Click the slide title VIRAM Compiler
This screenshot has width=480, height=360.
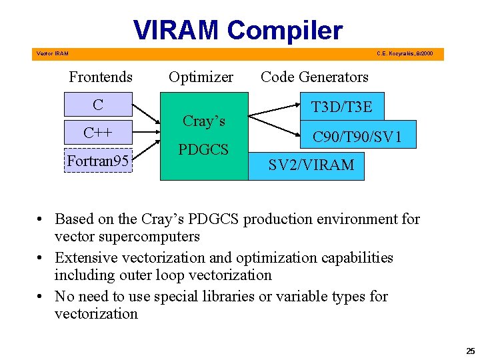click(238, 30)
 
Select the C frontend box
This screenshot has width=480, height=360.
click(98, 105)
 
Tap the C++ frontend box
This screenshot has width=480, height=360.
click(98, 133)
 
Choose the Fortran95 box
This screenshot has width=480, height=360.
click(98, 161)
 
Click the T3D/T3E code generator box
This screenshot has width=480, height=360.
click(341, 106)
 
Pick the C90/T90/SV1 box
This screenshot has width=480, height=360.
click(357, 137)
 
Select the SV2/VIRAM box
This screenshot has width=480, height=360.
click(311, 165)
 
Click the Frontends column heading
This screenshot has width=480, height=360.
click(101, 77)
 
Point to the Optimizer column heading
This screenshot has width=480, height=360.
click(201, 77)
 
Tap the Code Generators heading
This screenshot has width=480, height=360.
click(315, 77)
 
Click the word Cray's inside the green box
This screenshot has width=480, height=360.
click(203, 121)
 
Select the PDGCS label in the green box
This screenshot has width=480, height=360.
click(203, 149)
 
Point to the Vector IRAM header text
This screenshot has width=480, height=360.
click(52, 53)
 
